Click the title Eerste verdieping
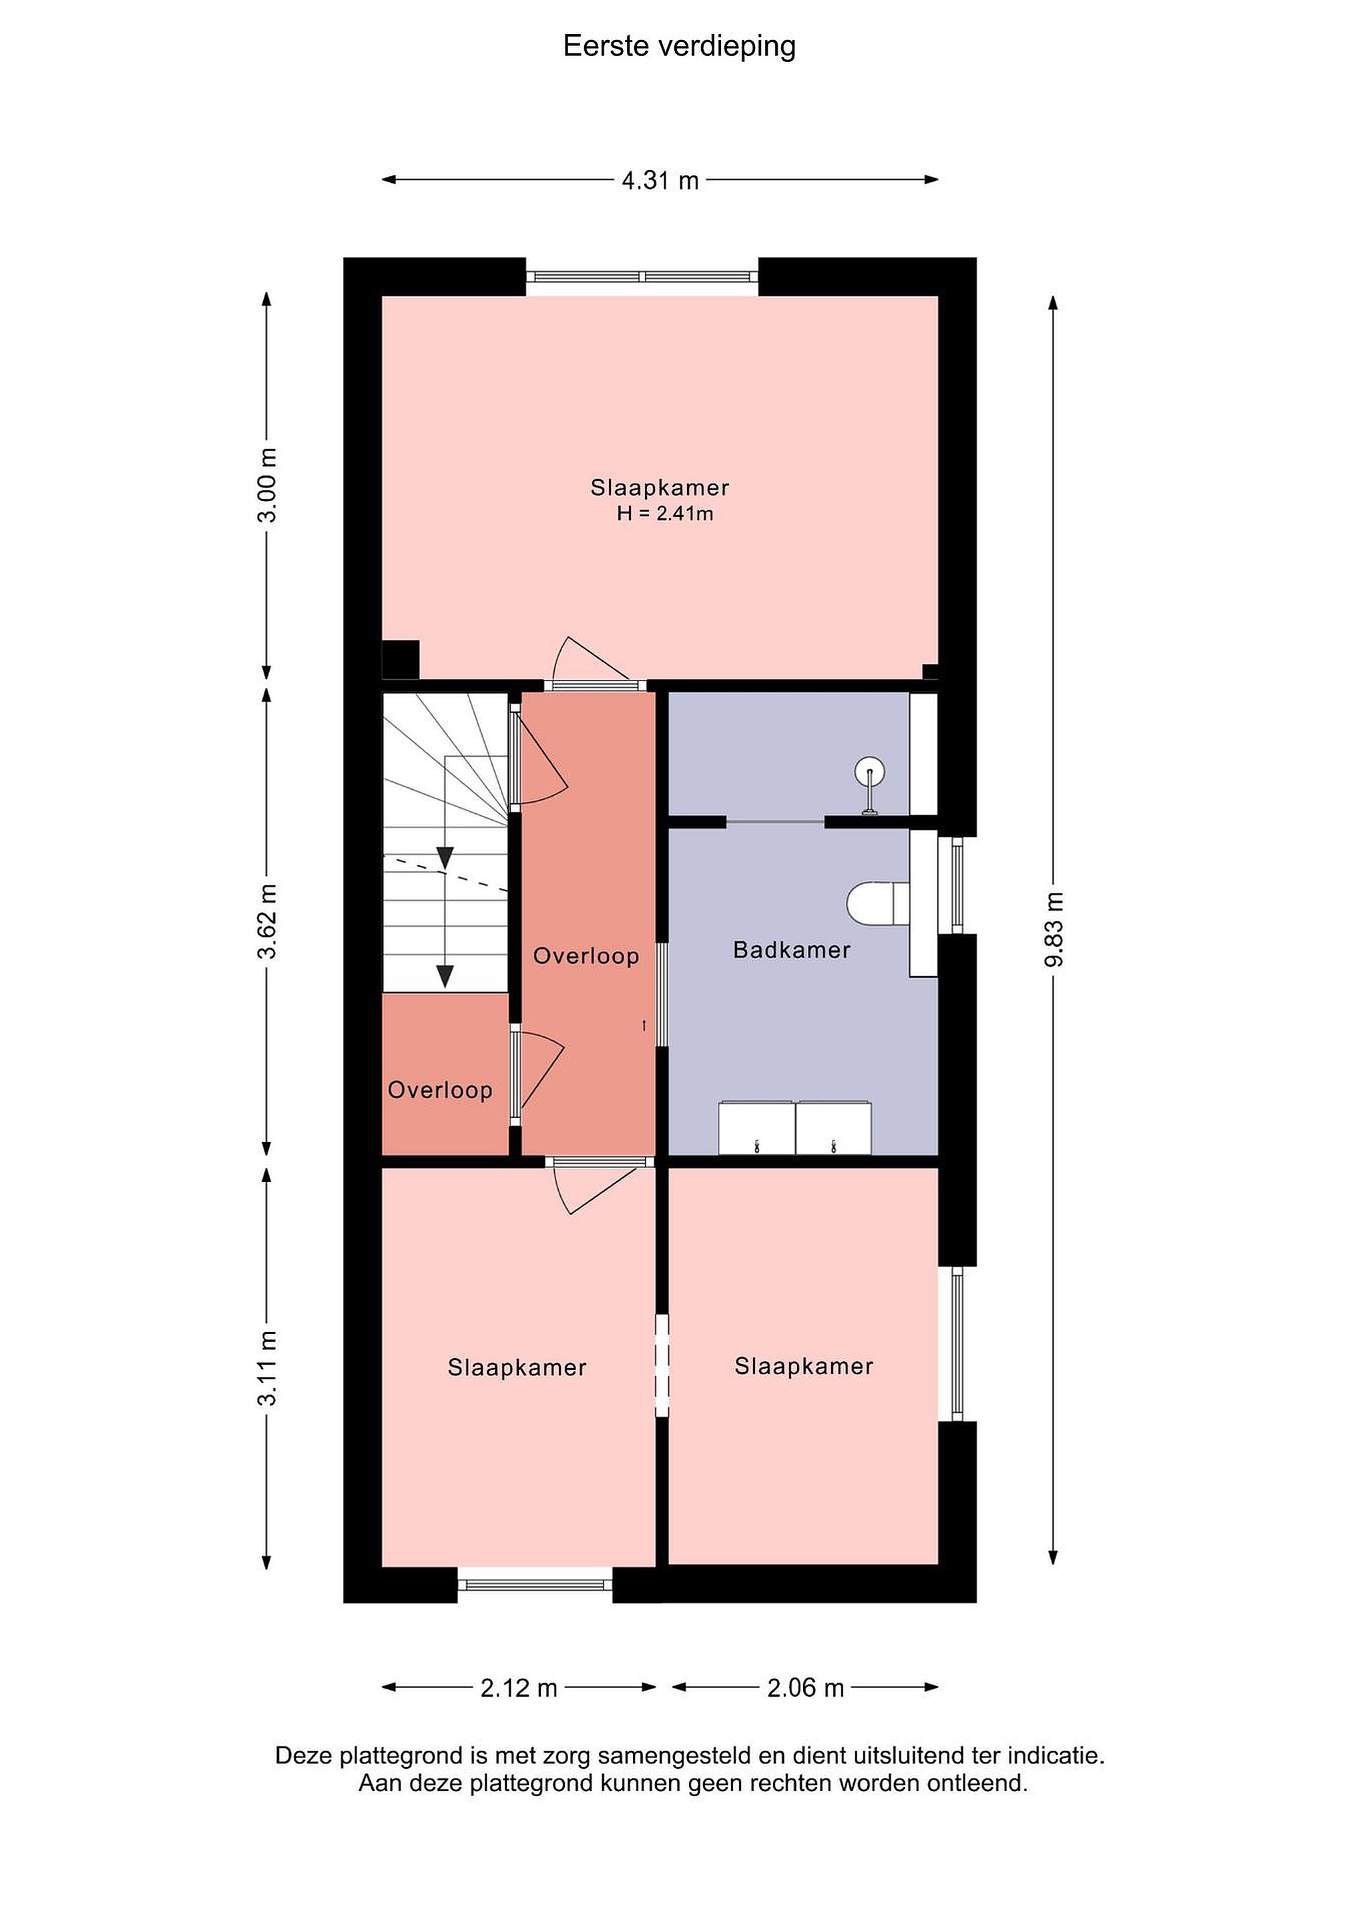(679, 47)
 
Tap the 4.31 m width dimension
(660, 180)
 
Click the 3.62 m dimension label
(267, 921)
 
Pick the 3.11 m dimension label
(267, 1367)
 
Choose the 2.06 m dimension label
(806, 1688)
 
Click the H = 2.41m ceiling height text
(665, 513)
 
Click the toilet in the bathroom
(879, 903)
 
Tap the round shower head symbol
(870, 771)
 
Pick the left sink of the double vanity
(756, 1129)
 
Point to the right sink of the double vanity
(833, 1129)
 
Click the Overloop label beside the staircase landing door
(440, 1090)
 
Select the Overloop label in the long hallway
(586, 955)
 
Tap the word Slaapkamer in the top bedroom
(660, 487)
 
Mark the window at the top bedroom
(642, 277)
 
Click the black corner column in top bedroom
(401, 659)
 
